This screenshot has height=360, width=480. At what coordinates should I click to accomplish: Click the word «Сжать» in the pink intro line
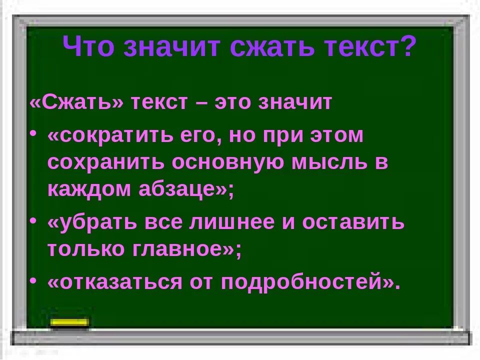pos(76,102)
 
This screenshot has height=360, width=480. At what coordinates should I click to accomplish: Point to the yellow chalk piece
pos(70,322)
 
